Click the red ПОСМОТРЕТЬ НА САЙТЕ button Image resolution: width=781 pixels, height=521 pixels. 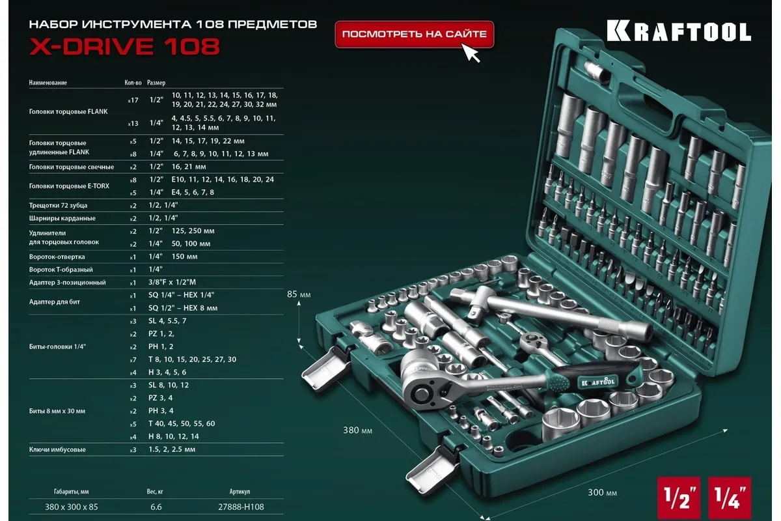pos(414,35)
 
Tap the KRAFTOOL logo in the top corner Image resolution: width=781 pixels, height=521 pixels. pos(678,31)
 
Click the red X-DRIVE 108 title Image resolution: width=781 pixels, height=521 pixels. pos(124,46)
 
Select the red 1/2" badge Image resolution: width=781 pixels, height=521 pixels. pos(678,498)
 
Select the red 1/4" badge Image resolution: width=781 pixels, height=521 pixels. pos(730,498)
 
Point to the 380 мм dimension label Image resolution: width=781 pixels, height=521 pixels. pos(357,430)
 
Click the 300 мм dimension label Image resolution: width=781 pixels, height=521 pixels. pos(602,492)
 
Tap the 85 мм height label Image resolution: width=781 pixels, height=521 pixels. pos(299,294)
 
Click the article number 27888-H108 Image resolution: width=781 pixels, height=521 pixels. pos(241,507)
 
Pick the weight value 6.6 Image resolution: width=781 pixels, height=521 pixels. pos(156,507)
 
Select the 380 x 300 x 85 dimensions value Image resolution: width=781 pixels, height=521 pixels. pos(72,507)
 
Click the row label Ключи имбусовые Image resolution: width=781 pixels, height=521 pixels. pos(57,449)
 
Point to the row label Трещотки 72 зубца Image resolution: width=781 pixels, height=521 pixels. pos(58,205)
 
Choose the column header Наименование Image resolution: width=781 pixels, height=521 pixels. pos(48,83)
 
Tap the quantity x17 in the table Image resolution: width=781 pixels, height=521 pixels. pos(133,100)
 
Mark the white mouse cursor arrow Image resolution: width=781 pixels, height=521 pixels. pos(471,53)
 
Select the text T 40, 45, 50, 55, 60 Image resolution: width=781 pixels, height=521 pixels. pos(182,424)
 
